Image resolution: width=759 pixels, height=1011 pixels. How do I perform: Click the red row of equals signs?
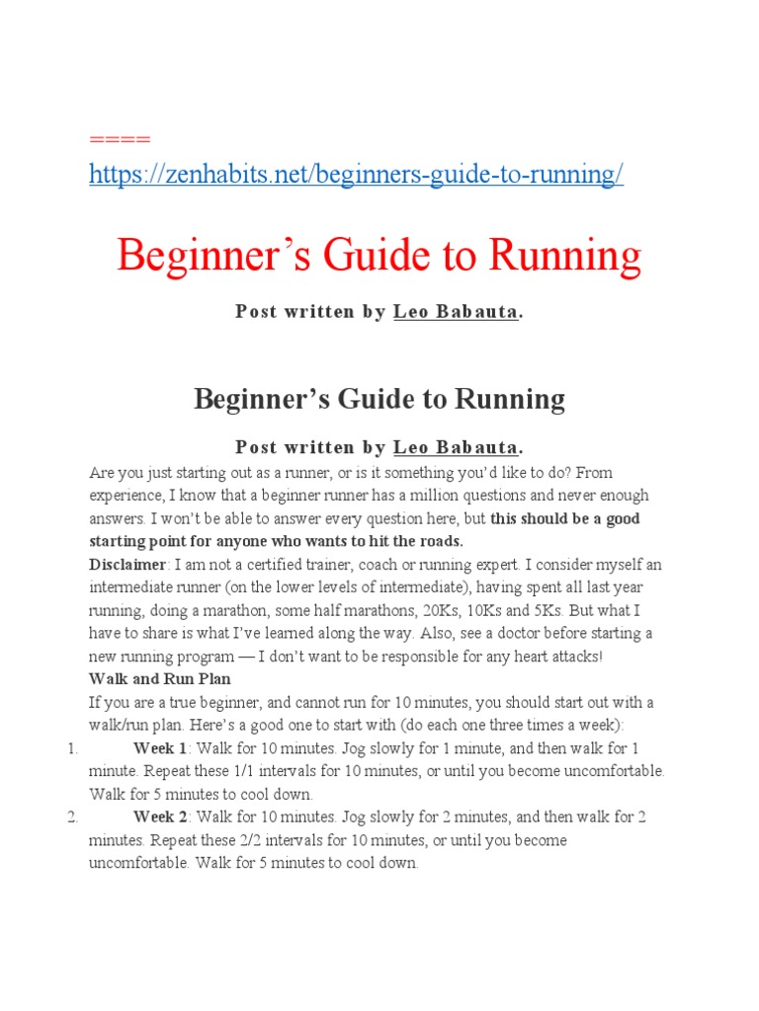120,137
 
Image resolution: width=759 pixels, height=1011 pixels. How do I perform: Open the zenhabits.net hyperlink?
356,175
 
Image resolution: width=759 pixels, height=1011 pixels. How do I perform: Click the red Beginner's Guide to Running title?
379,257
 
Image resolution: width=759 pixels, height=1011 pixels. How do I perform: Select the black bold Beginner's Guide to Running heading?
379,399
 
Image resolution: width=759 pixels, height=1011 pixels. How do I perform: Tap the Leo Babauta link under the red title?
456,312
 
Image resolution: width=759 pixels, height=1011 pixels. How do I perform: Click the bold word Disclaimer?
127,565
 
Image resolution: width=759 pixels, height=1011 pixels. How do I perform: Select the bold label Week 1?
159,747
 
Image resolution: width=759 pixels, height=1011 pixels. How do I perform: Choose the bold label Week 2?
160,817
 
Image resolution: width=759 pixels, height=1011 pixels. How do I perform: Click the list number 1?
72,747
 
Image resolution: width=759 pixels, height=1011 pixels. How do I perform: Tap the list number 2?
72,817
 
